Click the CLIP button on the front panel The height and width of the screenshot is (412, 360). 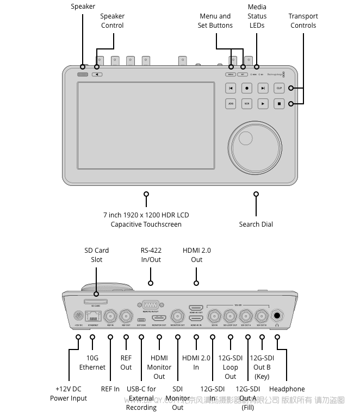pyautogui.click(x=279, y=88)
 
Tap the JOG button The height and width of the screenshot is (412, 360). pyautogui.click(x=231, y=103)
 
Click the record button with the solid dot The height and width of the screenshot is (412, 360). pyautogui.click(x=246, y=88)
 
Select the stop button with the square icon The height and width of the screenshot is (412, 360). pyautogui.click(x=279, y=103)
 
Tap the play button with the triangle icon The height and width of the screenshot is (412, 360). pyautogui.click(x=263, y=103)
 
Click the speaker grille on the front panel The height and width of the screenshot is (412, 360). pyautogui.click(x=83, y=74)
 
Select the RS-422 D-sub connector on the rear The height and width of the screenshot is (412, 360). pyautogui.click(x=151, y=305)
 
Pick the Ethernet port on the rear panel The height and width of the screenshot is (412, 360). pyautogui.click(x=92, y=316)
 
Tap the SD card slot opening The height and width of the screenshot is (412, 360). pyautogui.click(x=96, y=301)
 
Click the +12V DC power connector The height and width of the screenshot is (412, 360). pyautogui.click(x=78, y=316)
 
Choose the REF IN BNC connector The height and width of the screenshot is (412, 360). pyautogui.click(x=111, y=315)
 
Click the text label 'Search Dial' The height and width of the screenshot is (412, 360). pyautogui.click(x=256, y=224)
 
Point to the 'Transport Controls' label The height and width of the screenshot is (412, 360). pyautogui.click(x=303, y=21)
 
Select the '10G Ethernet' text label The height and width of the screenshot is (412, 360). pyautogui.click(x=92, y=363)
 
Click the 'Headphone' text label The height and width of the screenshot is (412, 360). pyautogui.click(x=287, y=389)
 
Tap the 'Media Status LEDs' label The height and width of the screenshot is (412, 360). pyautogui.click(x=257, y=16)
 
